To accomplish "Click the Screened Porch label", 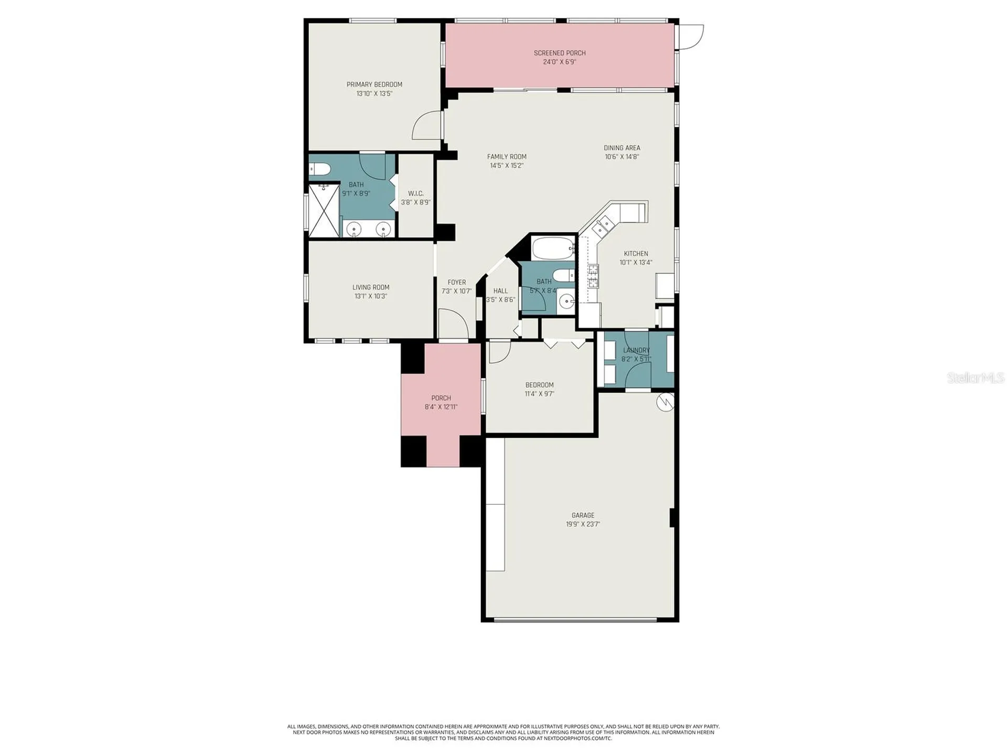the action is (560, 53).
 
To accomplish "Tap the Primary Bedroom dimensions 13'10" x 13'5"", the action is (374, 94).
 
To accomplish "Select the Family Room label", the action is (507, 156).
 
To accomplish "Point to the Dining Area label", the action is (622, 148).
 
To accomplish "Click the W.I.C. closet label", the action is (416, 193).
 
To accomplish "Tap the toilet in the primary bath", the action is (319, 169).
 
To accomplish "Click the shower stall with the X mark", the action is (324, 211).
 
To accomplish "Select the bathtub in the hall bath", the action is (553, 248).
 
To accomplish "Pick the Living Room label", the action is (371, 287).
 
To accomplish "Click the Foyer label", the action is (457, 282).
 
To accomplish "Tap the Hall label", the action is (501, 291).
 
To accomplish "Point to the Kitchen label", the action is (636, 254).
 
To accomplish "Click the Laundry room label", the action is (636, 350).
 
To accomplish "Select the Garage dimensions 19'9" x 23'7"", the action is (583, 524).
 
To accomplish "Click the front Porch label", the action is (441, 398).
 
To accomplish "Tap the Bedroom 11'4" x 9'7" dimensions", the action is (540, 394).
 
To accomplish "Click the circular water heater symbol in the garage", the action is (665, 403).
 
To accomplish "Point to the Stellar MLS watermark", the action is (976, 377).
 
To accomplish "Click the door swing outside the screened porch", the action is (692, 37).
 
